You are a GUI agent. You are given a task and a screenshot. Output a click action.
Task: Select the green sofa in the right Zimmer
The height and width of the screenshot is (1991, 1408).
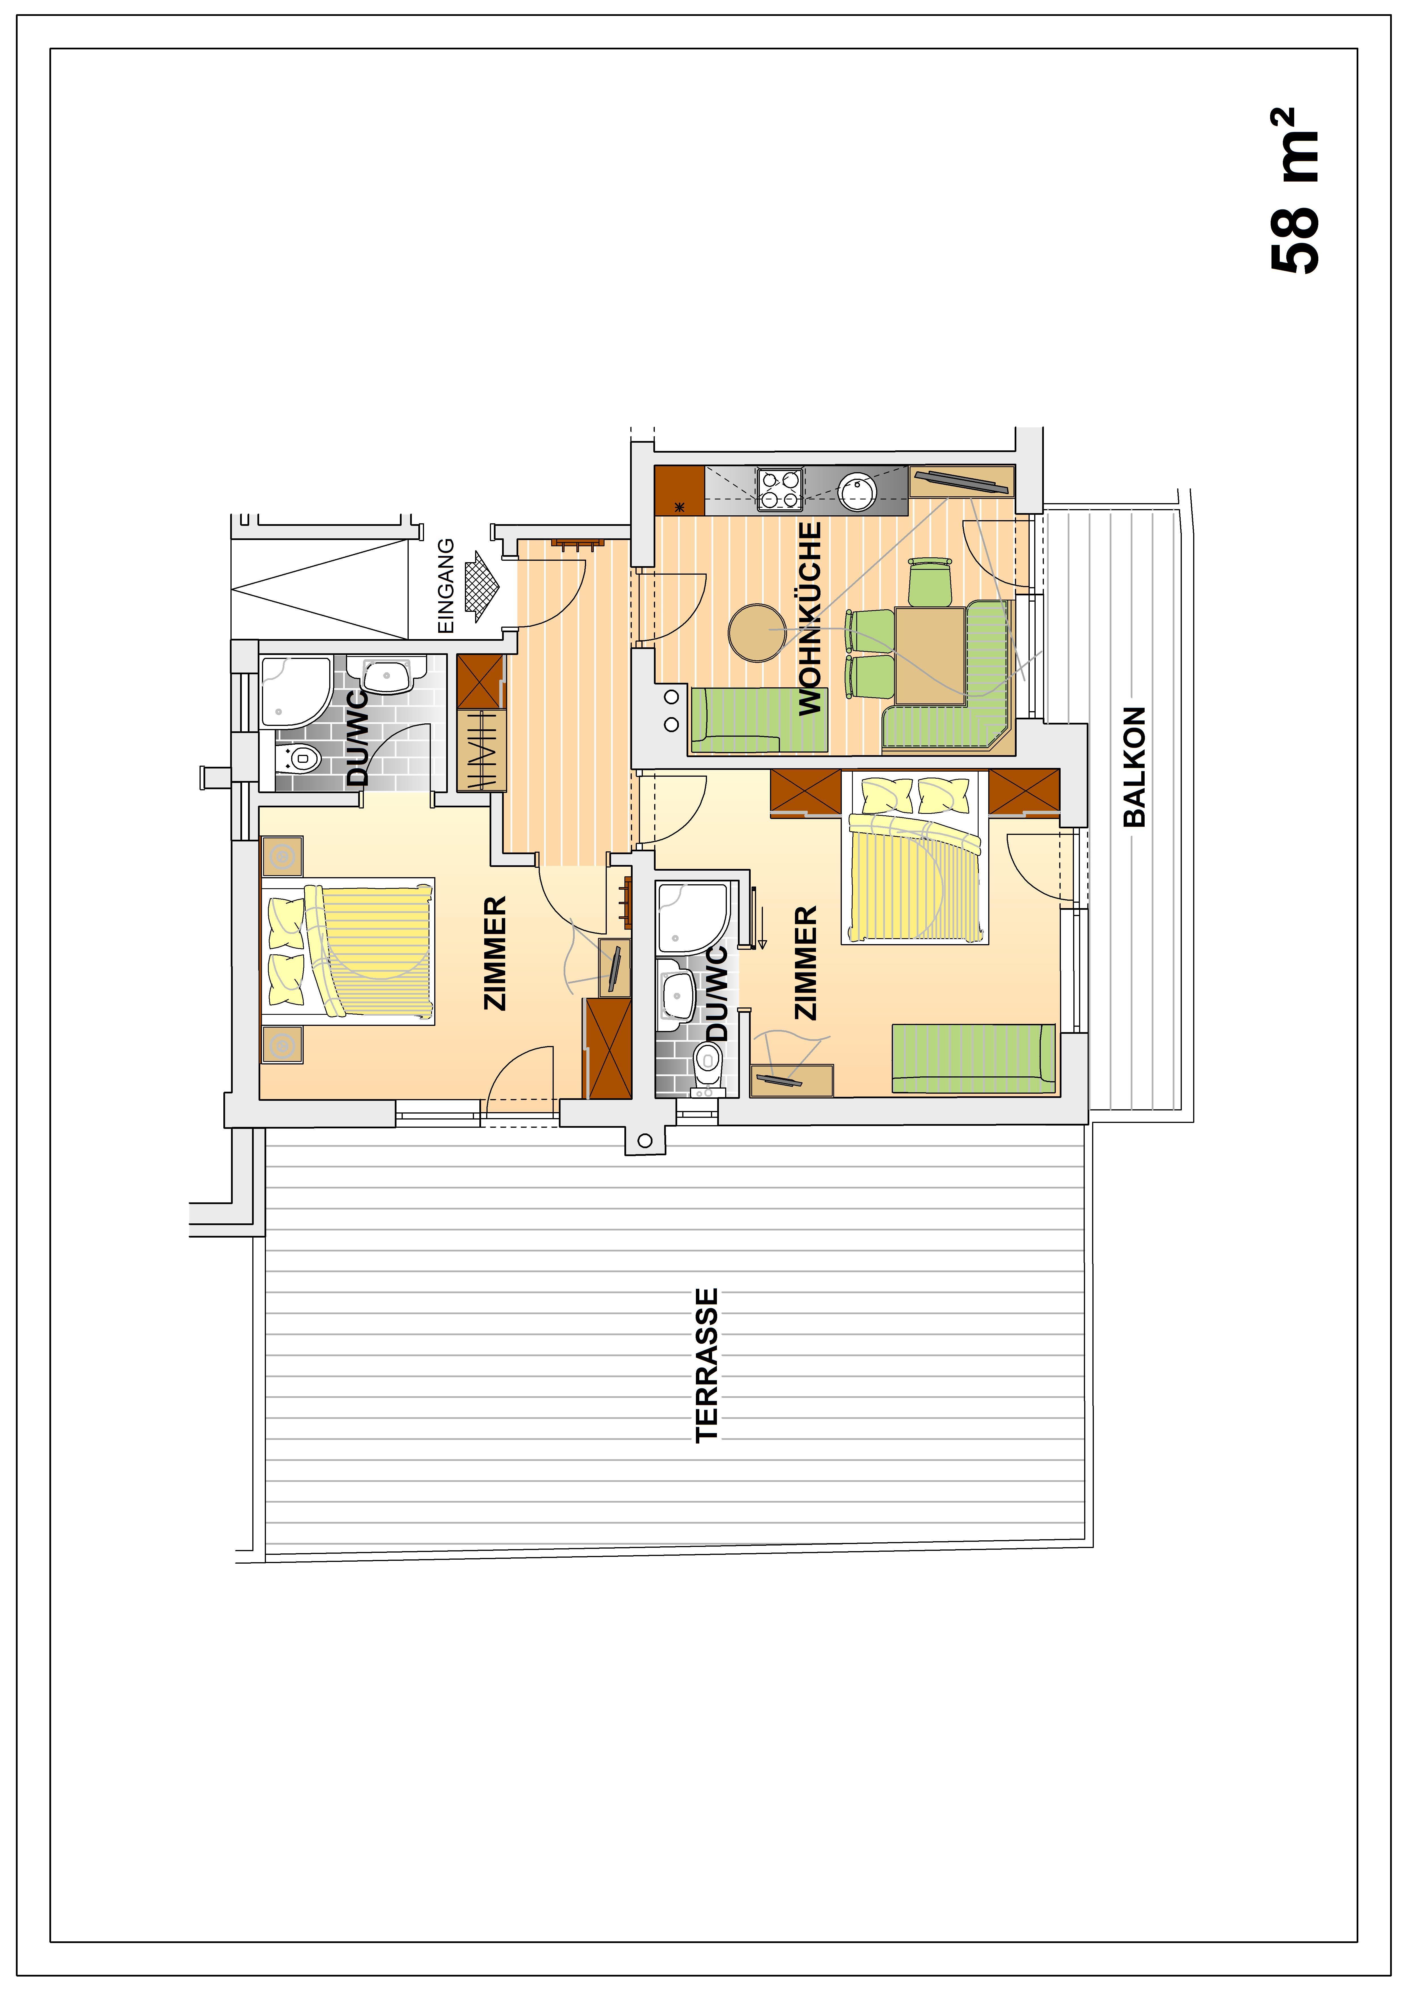tap(973, 1058)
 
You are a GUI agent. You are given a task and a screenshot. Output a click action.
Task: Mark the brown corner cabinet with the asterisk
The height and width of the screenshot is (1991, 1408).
tap(679, 491)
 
